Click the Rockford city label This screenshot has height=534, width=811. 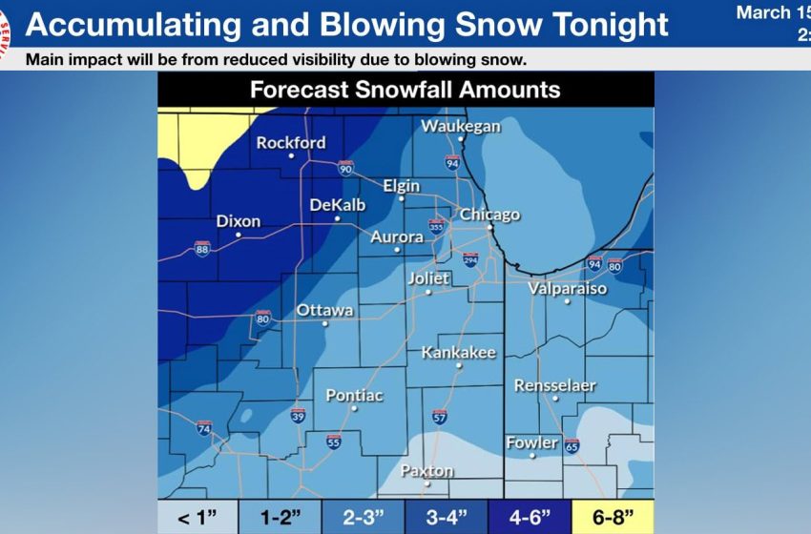(x=291, y=143)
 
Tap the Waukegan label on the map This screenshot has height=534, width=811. (x=461, y=126)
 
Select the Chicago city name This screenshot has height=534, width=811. (x=490, y=215)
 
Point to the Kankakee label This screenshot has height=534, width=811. (x=459, y=353)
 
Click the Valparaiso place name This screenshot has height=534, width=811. (x=568, y=287)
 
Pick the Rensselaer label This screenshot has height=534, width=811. (x=554, y=385)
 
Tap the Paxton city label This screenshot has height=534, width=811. (x=426, y=471)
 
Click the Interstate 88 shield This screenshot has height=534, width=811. (x=202, y=248)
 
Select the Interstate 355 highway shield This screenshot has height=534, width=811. (x=436, y=226)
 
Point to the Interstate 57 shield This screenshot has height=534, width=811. (x=439, y=417)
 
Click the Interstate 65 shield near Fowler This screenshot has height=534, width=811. (x=572, y=445)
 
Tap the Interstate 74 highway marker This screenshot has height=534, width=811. (x=203, y=428)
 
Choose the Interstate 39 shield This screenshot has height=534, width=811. (x=298, y=416)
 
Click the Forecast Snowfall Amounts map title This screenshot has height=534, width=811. (x=405, y=91)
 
